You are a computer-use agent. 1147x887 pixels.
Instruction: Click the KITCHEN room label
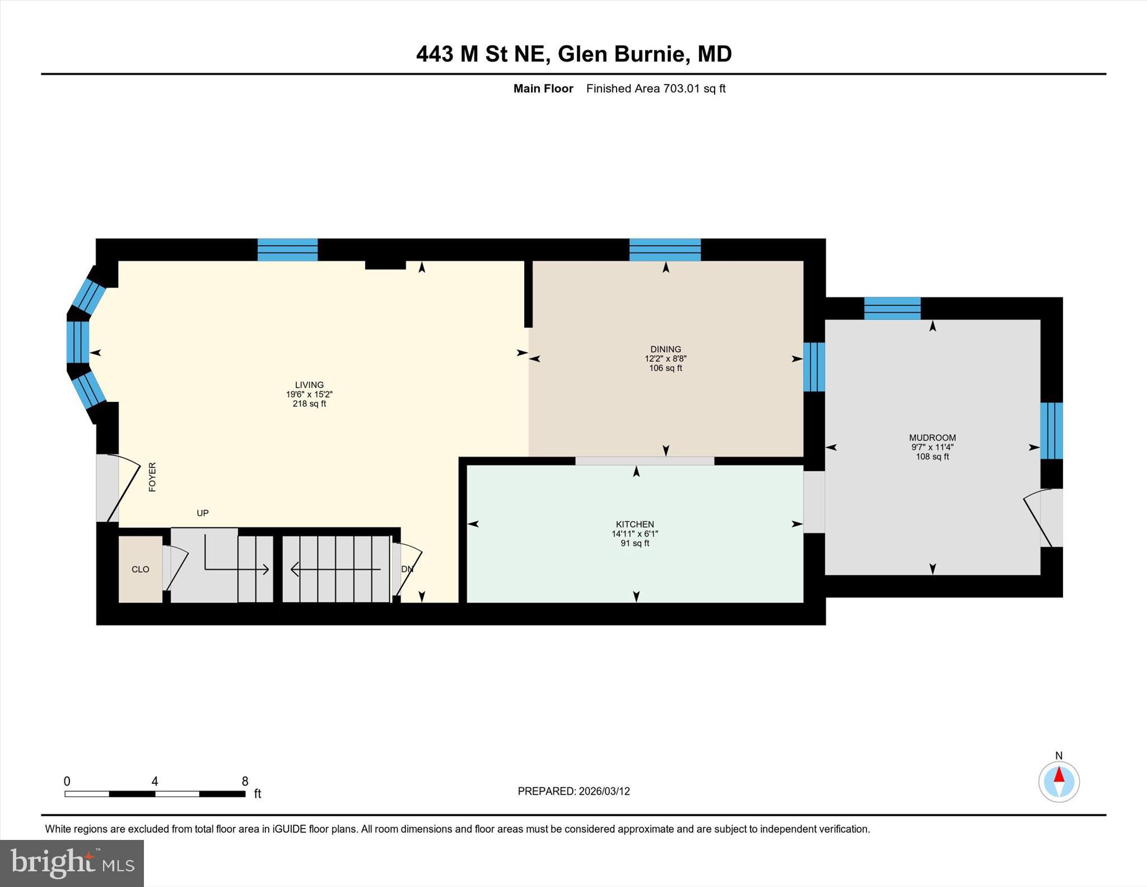point(635,524)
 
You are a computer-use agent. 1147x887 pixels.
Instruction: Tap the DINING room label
point(665,349)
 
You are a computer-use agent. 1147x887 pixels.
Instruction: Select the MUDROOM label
point(932,438)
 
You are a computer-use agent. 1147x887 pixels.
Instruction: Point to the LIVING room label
point(309,385)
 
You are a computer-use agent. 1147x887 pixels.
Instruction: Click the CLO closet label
point(140,569)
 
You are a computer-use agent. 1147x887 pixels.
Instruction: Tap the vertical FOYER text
point(152,477)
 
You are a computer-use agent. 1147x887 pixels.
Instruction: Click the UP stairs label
point(203,513)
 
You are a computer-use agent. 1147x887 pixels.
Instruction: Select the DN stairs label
point(407,569)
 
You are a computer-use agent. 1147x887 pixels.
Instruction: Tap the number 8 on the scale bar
point(245,781)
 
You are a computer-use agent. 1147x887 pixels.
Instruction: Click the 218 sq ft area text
point(309,403)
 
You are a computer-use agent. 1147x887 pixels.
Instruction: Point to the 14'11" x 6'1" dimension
point(635,534)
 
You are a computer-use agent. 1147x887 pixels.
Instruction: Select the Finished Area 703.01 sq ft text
point(655,89)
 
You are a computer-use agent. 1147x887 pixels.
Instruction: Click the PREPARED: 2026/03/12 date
point(573,791)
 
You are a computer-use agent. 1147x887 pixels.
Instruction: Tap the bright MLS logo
point(72,863)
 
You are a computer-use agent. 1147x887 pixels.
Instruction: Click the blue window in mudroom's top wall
point(892,308)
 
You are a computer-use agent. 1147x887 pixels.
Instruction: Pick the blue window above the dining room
point(665,249)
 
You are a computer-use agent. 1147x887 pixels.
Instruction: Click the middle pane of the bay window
point(78,342)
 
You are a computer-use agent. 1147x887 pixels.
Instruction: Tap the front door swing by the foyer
point(123,487)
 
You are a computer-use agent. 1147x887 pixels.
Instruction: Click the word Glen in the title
point(582,54)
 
